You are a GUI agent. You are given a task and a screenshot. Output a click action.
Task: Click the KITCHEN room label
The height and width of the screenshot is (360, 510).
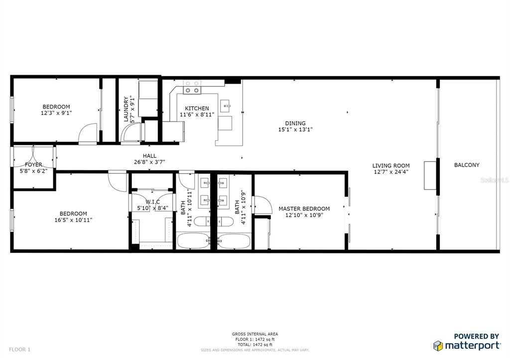[197, 109]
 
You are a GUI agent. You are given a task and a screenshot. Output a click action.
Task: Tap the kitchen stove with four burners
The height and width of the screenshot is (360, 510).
[193, 87]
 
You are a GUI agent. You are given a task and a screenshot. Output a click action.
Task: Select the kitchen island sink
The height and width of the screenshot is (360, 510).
[226, 105]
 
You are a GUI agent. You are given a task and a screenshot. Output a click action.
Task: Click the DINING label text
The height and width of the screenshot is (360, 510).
[295, 123]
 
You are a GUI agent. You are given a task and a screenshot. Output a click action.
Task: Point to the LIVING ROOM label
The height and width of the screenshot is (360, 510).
[391, 166]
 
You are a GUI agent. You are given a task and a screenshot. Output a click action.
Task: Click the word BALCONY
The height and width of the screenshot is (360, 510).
[467, 165]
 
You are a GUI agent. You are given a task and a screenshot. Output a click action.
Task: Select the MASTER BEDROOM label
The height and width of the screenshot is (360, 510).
[304, 209]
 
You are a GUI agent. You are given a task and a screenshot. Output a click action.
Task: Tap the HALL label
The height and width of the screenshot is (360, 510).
[149, 156]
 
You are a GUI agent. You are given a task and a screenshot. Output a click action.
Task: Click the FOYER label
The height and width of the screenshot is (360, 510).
[34, 164]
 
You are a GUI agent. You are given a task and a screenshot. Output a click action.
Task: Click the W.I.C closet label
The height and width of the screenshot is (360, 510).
[153, 202]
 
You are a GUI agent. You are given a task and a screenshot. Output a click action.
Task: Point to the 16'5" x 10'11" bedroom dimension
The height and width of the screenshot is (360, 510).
[73, 220]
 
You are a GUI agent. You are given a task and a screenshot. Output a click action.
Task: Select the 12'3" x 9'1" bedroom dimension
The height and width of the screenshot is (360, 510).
[56, 113]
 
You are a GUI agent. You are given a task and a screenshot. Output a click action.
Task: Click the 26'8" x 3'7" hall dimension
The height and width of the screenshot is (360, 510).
[149, 162]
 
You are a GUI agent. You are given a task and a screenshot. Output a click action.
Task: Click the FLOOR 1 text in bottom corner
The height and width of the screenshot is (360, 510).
[20, 350]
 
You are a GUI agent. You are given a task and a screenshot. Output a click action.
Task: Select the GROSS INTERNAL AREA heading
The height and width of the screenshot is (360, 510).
[255, 334]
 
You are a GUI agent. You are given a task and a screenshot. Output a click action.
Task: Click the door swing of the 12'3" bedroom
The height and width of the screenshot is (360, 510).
[87, 133]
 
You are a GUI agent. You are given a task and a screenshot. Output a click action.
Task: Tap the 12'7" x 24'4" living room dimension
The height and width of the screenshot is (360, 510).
[391, 172]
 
